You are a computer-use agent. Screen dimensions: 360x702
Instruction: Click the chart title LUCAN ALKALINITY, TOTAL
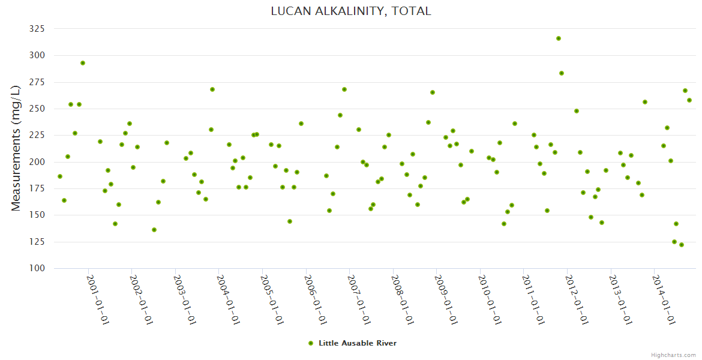click(x=351, y=11)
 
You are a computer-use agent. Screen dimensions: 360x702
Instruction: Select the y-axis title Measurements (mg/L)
click(x=16, y=148)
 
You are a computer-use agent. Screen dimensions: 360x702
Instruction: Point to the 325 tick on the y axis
click(x=38, y=29)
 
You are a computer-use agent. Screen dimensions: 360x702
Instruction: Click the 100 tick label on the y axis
click(x=38, y=268)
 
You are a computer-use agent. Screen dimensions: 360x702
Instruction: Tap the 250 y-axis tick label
click(x=38, y=109)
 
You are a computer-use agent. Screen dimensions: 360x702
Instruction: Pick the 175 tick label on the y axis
click(x=38, y=188)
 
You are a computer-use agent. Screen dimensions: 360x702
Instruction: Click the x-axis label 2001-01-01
click(x=97, y=300)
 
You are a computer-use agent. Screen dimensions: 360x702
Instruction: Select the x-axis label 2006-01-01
click(x=315, y=300)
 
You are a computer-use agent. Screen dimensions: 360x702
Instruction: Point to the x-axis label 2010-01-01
click(x=490, y=300)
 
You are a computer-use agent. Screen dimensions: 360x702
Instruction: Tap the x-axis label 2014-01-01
click(x=664, y=300)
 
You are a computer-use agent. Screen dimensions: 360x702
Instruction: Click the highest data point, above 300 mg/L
click(x=559, y=38)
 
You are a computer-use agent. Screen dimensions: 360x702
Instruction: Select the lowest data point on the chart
click(x=682, y=245)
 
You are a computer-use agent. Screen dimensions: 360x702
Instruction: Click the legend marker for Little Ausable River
click(x=311, y=343)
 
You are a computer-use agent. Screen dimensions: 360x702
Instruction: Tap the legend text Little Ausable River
click(x=358, y=343)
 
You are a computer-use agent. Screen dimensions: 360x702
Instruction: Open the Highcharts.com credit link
click(x=673, y=355)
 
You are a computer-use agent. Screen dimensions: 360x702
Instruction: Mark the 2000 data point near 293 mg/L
click(x=83, y=63)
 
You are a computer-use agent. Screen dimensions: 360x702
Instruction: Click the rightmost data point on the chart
click(x=689, y=100)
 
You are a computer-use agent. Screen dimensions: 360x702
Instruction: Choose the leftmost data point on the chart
click(x=60, y=176)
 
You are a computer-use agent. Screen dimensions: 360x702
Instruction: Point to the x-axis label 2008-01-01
click(x=402, y=300)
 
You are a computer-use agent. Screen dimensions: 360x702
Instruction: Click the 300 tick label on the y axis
click(x=38, y=55)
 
